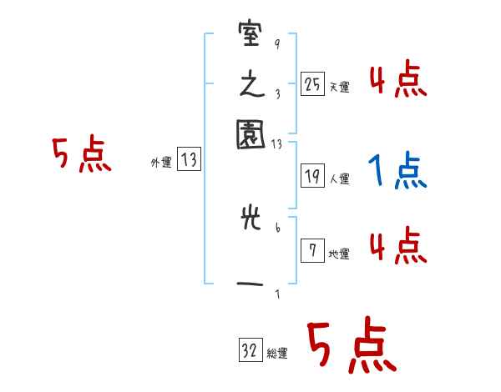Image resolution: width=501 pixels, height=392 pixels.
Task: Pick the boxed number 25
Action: pyautogui.click(x=312, y=83)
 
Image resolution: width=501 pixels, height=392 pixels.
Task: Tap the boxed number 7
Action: pyautogui.click(x=312, y=251)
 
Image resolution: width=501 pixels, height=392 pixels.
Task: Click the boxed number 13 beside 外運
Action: pyautogui.click(x=189, y=160)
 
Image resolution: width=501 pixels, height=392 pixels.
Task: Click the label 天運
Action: pyautogui.click(x=339, y=87)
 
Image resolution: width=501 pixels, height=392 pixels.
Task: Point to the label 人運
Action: pyautogui.click(x=339, y=178)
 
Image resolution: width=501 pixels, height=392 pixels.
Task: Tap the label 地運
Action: pyautogui.click(x=339, y=254)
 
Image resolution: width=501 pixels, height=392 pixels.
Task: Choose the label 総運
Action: pyautogui.click(x=277, y=354)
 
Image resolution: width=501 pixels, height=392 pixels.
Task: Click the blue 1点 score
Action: pyautogui.click(x=397, y=173)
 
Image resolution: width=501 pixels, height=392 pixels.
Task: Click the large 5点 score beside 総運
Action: pyautogui.click(x=351, y=346)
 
